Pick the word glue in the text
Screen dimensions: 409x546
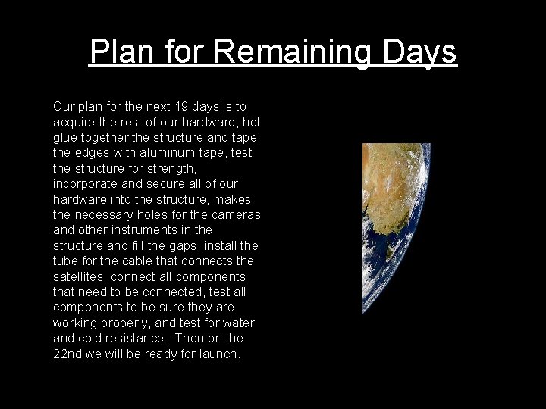pyautogui.click(x=64, y=138)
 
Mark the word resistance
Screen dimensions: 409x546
pyautogui.click(x=137, y=338)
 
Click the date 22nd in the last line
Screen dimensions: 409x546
pyautogui.click(x=69, y=354)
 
